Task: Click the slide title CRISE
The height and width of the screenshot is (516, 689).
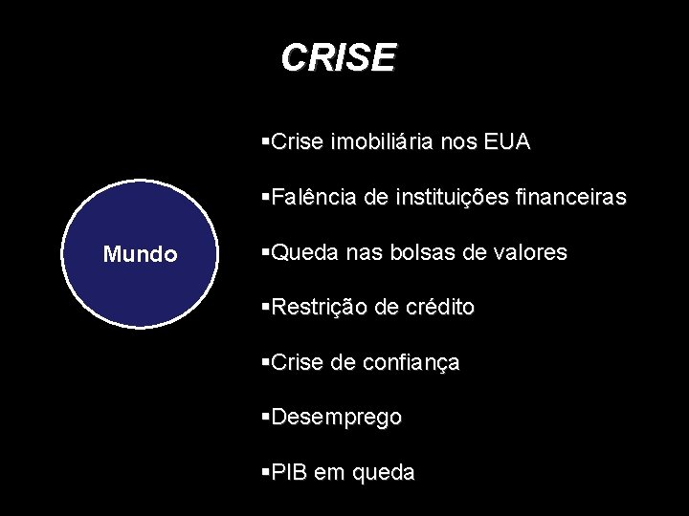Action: pos(338,57)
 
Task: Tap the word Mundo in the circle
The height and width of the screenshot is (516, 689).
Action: pos(140,255)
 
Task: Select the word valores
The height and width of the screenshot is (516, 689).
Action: pos(532,253)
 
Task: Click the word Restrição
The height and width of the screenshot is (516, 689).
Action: pos(316,308)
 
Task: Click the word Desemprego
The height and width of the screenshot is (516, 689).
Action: pos(337,419)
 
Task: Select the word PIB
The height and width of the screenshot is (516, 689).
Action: pos(286,472)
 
